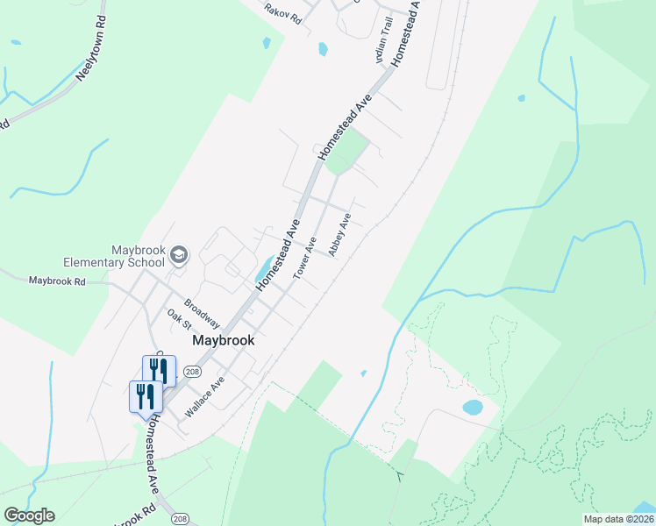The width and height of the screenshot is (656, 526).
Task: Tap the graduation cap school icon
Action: pos(180,255)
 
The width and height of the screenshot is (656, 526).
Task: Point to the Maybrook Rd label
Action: pos(57,281)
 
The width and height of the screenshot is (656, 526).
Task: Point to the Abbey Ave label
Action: pos(339,235)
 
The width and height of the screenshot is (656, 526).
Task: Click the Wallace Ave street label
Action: pos(204,396)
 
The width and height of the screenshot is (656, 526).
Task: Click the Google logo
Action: pos(29,515)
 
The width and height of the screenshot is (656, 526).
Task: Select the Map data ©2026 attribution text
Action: pos(618,519)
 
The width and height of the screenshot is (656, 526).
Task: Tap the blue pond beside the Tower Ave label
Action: pos(264,269)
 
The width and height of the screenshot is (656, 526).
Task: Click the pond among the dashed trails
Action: pos(473,408)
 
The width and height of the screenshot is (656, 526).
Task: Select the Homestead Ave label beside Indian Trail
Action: pos(406,35)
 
